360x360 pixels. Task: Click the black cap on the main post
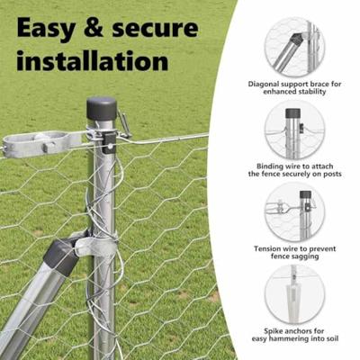[x=102, y=108]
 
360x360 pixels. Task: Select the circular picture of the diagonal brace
[x=295, y=47]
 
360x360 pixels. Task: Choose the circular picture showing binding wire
[x=295, y=130]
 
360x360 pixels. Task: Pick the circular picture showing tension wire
[x=295, y=212]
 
